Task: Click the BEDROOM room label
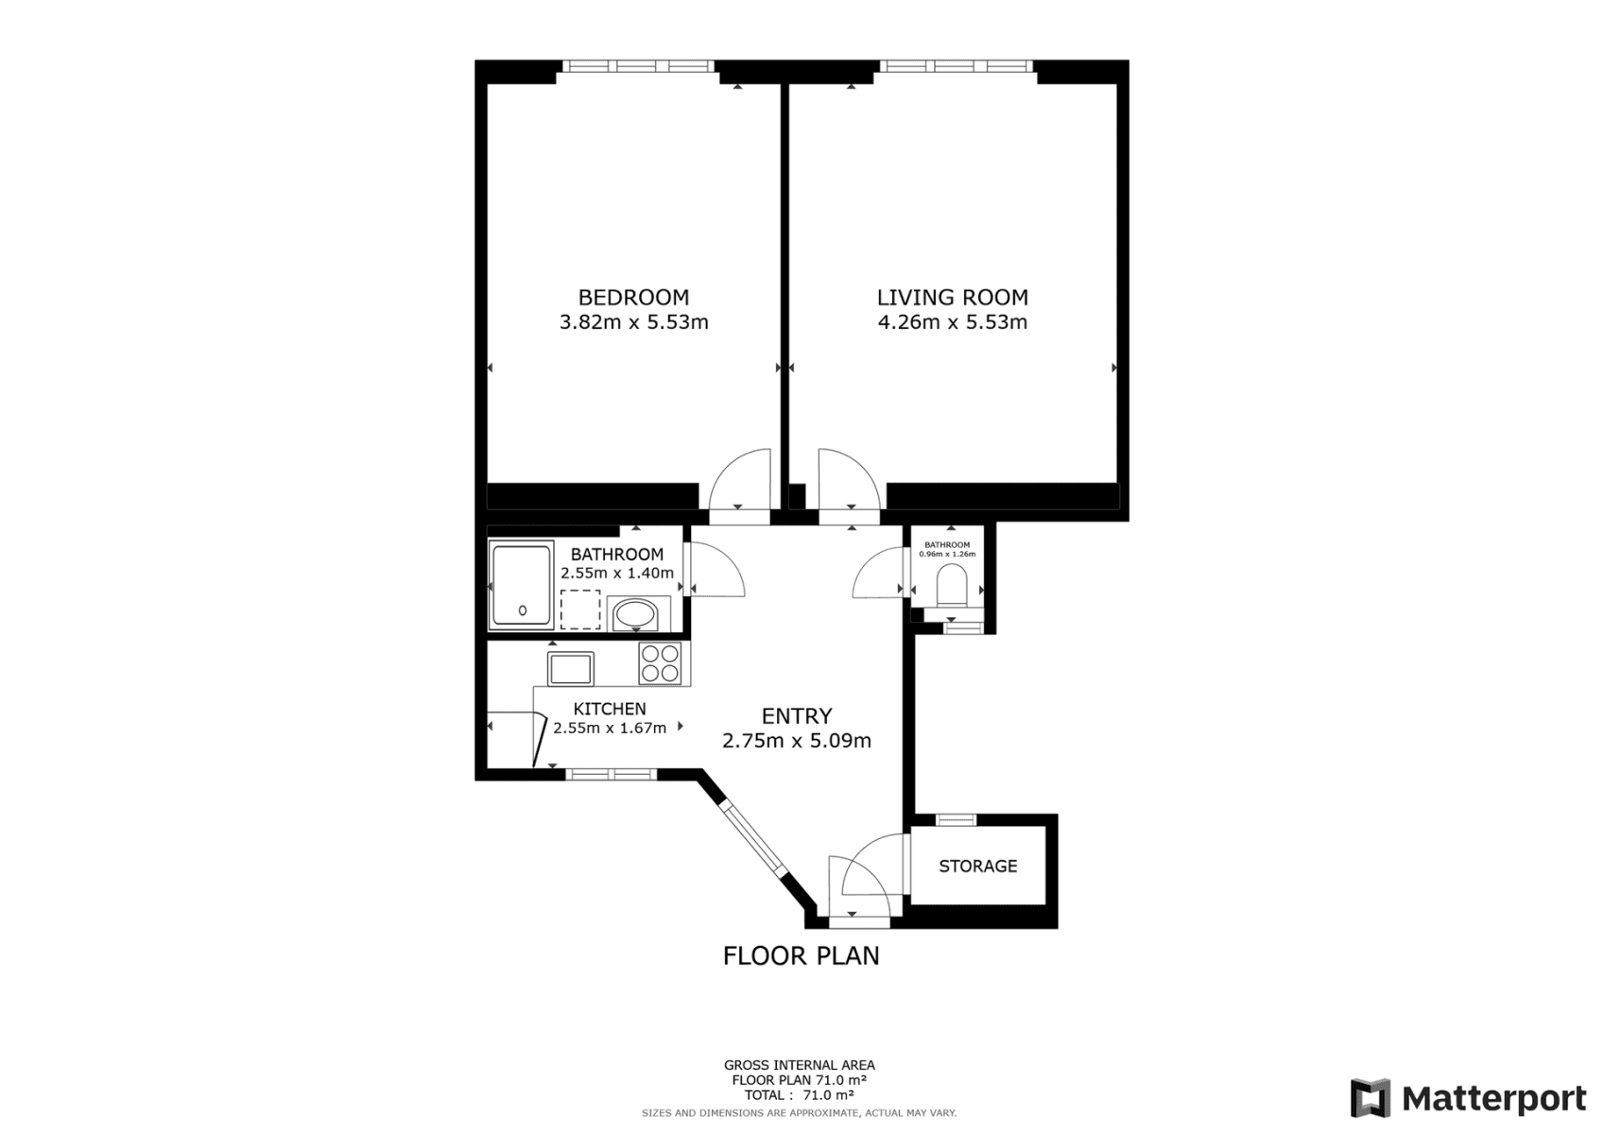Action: [x=633, y=297]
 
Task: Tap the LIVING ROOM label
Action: [x=952, y=297]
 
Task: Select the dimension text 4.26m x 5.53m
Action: [x=952, y=322]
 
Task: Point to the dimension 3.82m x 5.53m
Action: [x=633, y=322]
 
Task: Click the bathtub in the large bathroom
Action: [x=521, y=586]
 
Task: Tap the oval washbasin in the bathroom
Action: [x=635, y=615]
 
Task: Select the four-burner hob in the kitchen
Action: [x=660, y=662]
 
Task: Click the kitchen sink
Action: [x=571, y=669]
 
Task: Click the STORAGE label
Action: [x=977, y=866]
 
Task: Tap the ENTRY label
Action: [x=796, y=716]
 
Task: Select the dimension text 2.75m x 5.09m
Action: [x=796, y=741]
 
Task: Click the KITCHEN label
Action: [x=610, y=709]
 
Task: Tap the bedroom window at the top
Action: [x=637, y=66]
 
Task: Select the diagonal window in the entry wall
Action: [x=750, y=838]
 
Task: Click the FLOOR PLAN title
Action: [x=801, y=956]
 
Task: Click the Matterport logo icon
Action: [x=1371, y=1098]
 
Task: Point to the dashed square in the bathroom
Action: [x=580, y=610]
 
